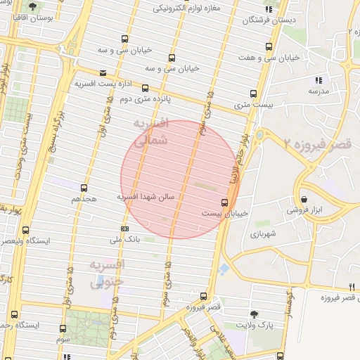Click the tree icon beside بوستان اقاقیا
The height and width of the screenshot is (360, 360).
32,6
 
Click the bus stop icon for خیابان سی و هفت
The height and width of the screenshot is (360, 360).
269,47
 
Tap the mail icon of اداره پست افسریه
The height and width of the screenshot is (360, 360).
103,73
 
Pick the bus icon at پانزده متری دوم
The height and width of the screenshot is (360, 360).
145,89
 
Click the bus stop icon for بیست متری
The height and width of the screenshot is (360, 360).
253,94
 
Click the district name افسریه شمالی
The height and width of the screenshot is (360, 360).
151,131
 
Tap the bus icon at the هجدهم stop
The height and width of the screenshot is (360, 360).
84,188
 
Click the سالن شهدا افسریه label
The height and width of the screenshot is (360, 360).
150,198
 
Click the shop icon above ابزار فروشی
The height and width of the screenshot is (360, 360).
304,198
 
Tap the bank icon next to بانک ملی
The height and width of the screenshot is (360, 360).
124,229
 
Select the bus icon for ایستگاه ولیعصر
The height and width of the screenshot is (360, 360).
26,230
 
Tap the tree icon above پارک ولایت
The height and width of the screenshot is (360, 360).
254,314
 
